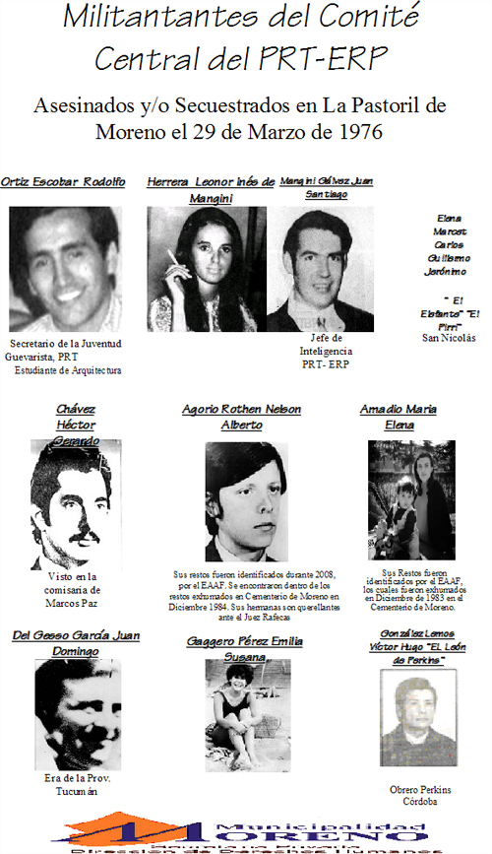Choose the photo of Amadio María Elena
coord(411,500)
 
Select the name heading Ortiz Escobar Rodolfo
coord(63,182)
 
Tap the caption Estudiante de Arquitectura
coord(67,370)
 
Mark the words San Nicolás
coord(448,338)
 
